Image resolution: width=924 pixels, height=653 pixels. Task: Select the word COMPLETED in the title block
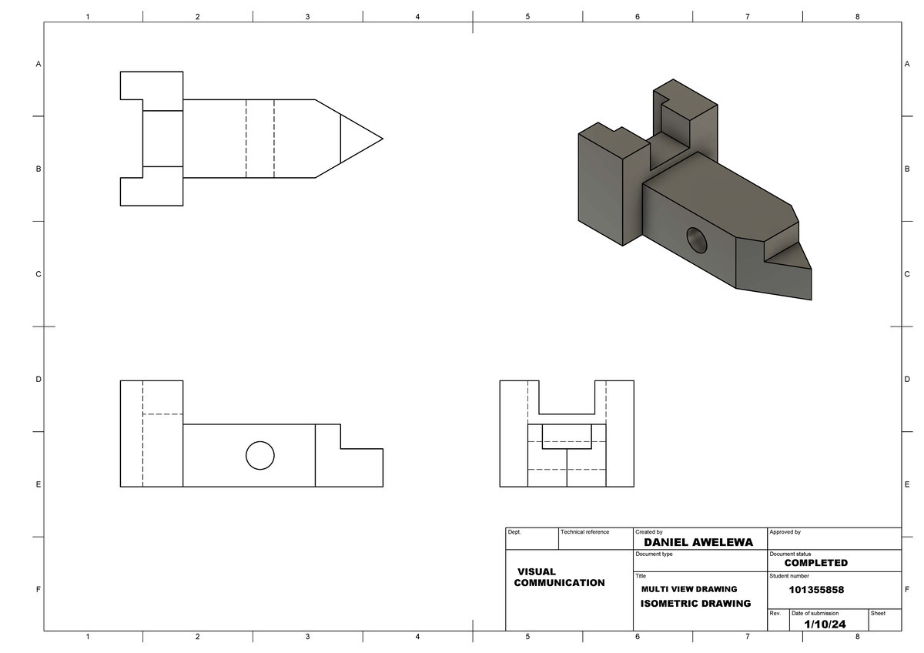click(x=815, y=563)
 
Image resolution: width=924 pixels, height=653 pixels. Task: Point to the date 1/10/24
click(x=825, y=624)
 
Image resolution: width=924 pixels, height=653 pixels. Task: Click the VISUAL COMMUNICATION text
click(x=558, y=578)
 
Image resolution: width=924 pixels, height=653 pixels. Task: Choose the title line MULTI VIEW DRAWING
click(x=688, y=589)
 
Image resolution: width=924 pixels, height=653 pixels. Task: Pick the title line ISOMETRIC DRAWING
click(x=695, y=604)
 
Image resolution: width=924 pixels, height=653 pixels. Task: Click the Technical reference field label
click(x=584, y=532)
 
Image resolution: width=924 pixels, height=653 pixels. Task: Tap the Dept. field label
click(x=514, y=532)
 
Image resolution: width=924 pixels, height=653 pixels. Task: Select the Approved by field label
click(x=785, y=532)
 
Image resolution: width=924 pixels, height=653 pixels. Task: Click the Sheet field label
click(x=878, y=613)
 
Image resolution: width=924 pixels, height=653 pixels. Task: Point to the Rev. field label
click(x=775, y=613)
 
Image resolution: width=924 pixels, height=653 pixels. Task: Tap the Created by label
click(x=648, y=532)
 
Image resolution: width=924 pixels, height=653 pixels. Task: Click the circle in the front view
click(x=259, y=455)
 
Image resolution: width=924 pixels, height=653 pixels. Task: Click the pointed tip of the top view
click(x=381, y=139)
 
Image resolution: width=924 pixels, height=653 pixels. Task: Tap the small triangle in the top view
click(x=355, y=139)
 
